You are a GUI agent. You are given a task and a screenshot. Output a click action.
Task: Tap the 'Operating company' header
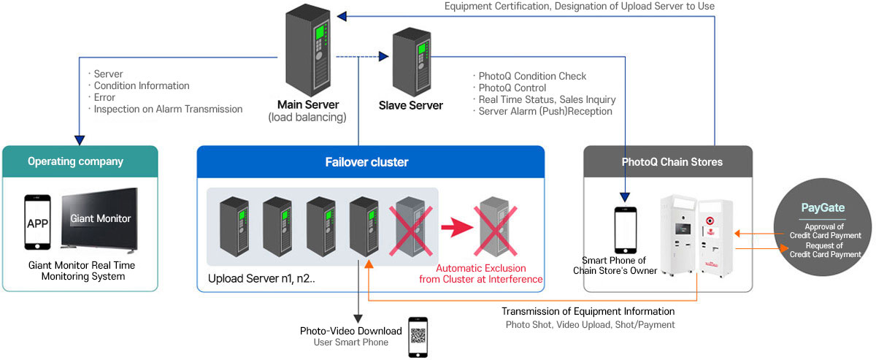click(x=80, y=161)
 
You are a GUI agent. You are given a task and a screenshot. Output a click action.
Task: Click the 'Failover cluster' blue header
click(x=371, y=161)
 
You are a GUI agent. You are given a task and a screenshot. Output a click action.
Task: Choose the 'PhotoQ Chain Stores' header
click(x=667, y=161)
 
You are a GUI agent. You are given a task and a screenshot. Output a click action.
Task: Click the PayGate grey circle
click(x=823, y=229)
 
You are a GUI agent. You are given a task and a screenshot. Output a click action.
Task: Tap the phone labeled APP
click(x=37, y=222)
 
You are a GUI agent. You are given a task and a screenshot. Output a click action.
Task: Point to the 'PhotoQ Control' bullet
click(x=512, y=88)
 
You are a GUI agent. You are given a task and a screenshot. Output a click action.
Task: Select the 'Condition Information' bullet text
click(x=141, y=85)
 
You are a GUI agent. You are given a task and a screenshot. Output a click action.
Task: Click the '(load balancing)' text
click(x=307, y=117)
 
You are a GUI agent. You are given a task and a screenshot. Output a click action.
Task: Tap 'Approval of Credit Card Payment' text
click(x=826, y=231)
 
